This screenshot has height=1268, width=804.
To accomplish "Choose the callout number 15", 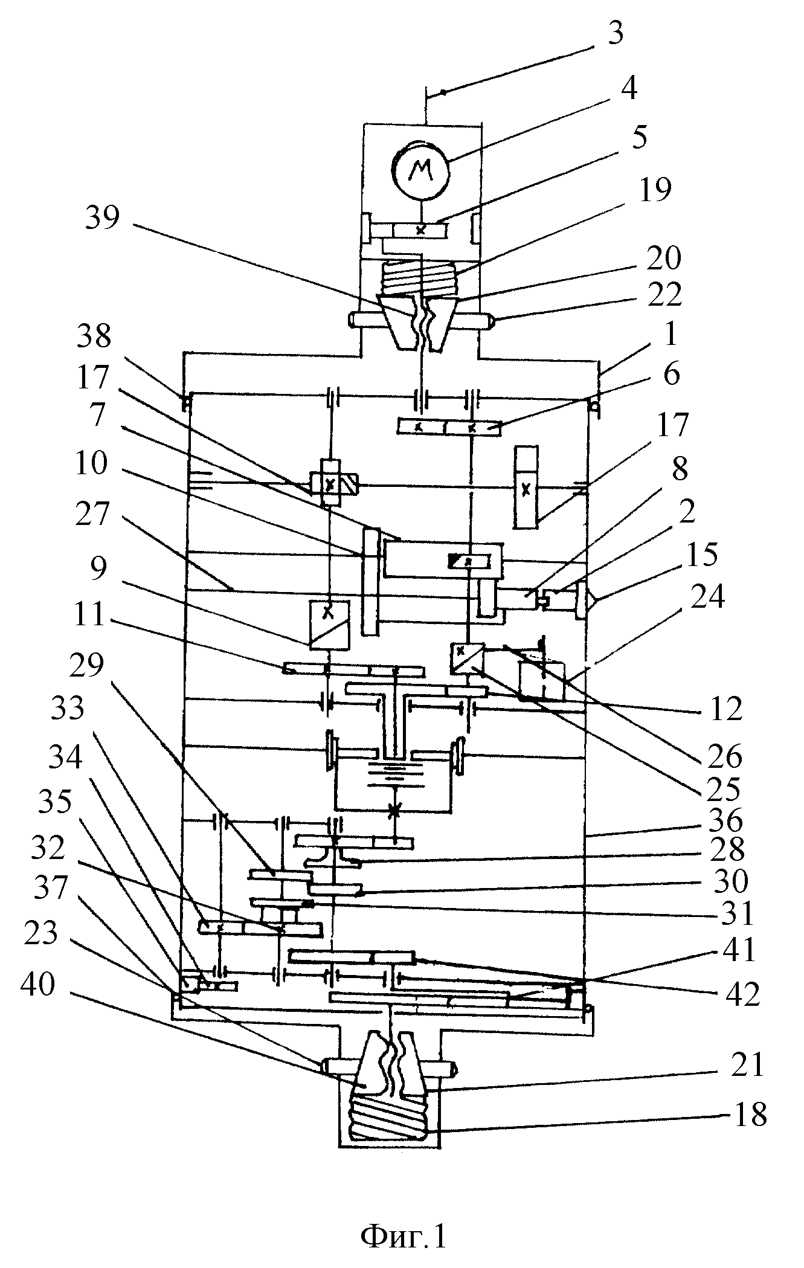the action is click(701, 554).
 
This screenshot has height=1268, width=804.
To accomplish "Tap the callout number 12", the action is click(725, 710).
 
